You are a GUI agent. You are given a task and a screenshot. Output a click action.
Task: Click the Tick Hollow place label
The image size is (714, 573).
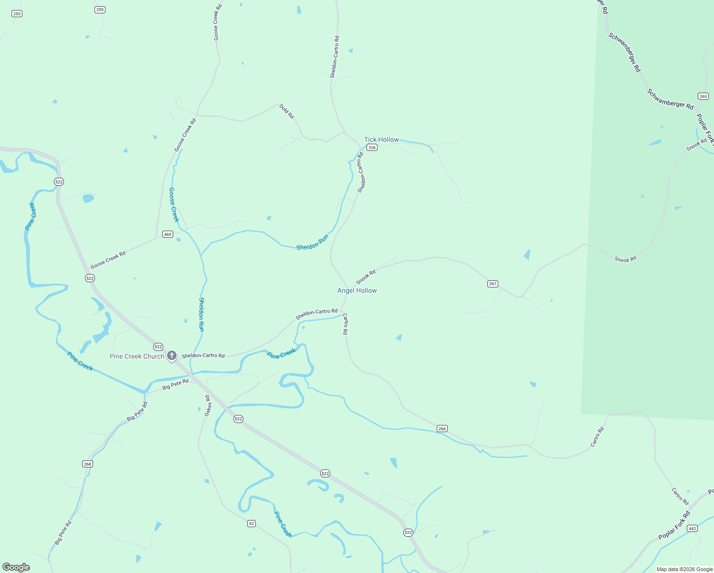point(381,139)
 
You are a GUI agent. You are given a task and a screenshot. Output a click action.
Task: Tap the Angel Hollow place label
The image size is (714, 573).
point(357,290)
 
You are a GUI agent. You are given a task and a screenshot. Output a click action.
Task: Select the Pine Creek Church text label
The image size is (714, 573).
point(137,356)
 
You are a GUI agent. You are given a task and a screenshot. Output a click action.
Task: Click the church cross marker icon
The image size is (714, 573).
point(172,356)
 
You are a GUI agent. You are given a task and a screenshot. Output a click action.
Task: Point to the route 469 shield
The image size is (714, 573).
point(168,234)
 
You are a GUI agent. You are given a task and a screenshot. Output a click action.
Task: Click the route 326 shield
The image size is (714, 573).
point(372,148)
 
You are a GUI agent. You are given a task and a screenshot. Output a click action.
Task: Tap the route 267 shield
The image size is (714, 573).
point(493,284)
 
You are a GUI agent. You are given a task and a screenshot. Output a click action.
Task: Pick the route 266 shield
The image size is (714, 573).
point(442,429)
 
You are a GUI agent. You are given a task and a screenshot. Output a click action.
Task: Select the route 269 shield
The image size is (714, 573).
point(703,96)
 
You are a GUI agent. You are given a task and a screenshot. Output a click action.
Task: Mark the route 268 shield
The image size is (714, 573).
point(87,464)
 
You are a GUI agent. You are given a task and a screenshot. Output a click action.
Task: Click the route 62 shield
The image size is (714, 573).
point(252,524)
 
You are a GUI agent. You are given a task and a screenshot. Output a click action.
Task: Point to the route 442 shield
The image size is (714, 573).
point(693,529)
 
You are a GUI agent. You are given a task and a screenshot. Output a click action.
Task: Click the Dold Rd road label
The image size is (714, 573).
point(287,112)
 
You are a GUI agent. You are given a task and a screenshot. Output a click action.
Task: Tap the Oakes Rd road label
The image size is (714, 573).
point(208,406)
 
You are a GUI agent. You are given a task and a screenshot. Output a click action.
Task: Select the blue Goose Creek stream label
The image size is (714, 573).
point(174,205)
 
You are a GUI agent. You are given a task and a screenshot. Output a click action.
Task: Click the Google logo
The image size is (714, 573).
point(16,567)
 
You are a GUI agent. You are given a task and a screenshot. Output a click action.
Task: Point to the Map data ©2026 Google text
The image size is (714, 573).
point(684,569)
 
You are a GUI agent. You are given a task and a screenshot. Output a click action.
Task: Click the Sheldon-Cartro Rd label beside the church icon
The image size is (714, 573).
point(203,356)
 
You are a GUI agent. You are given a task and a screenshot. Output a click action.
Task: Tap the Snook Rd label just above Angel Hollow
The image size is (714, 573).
point(366,277)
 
